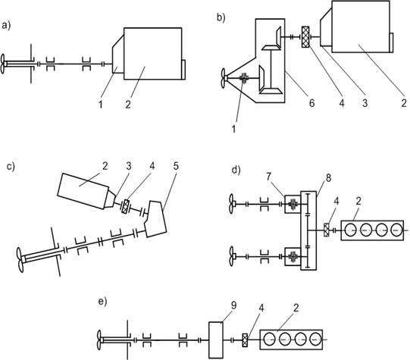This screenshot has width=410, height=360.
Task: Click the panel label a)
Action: [x=6, y=26]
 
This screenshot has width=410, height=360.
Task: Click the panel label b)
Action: [x=221, y=17]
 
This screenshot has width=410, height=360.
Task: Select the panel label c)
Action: [x=11, y=167]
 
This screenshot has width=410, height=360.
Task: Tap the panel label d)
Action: [x=236, y=171]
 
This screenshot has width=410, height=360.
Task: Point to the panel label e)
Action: [x=103, y=302]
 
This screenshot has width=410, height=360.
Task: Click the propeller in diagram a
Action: [x=3, y=64]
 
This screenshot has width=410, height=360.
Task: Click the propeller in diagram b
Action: [x=223, y=78]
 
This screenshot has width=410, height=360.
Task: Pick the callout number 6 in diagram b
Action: [x=311, y=103]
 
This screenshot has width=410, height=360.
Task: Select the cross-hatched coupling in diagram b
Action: [x=305, y=37]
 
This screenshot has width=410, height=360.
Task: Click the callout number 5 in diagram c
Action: [x=176, y=166]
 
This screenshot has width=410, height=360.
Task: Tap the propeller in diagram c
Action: [x=20, y=260]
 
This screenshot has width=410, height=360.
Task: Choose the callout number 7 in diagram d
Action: [x=269, y=177]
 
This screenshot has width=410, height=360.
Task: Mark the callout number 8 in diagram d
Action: [x=329, y=178]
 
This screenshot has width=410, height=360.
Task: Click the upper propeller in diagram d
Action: [x=231, y=203]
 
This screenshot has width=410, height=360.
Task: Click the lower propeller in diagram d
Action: [x=231, y=256]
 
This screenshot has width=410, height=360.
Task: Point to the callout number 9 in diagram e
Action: [x=233, y=305]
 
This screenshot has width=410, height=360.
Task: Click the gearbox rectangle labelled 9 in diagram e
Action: [x=216, y=340]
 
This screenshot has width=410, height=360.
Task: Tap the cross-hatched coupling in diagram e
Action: [x=245, y=340]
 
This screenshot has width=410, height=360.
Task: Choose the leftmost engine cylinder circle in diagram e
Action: [x=270, y=340]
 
